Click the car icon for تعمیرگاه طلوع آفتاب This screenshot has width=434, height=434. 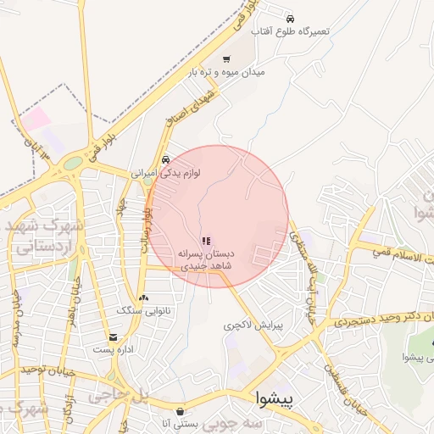pyautogui.click(x=290, y=18)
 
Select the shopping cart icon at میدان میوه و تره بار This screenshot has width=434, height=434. pyautogui.click(x=226, y=59)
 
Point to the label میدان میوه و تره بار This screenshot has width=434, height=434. pyautogui.click(x=226, y=73)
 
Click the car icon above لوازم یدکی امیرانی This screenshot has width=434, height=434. pyautogui.click(x=165, y=159)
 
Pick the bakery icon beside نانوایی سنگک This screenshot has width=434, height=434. pyautogui.click(x=144, y=298)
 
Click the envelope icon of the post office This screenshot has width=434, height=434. pyautogui.click(x=113, y=337)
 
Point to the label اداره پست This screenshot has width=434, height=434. pyautogui.click(x=113, y=349)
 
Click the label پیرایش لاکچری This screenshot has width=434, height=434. pyautogui.click(x=251, y=325)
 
